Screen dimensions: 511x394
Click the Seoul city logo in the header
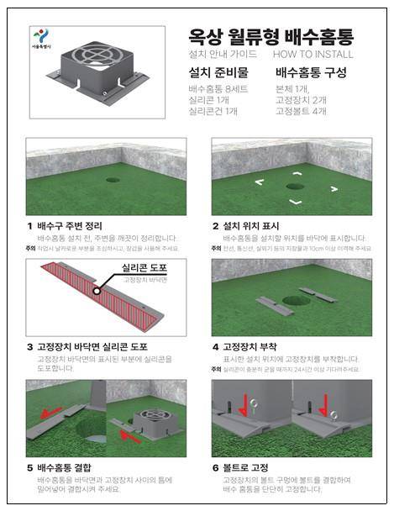pos(39,39)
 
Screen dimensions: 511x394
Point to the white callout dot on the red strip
pos(98,290)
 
